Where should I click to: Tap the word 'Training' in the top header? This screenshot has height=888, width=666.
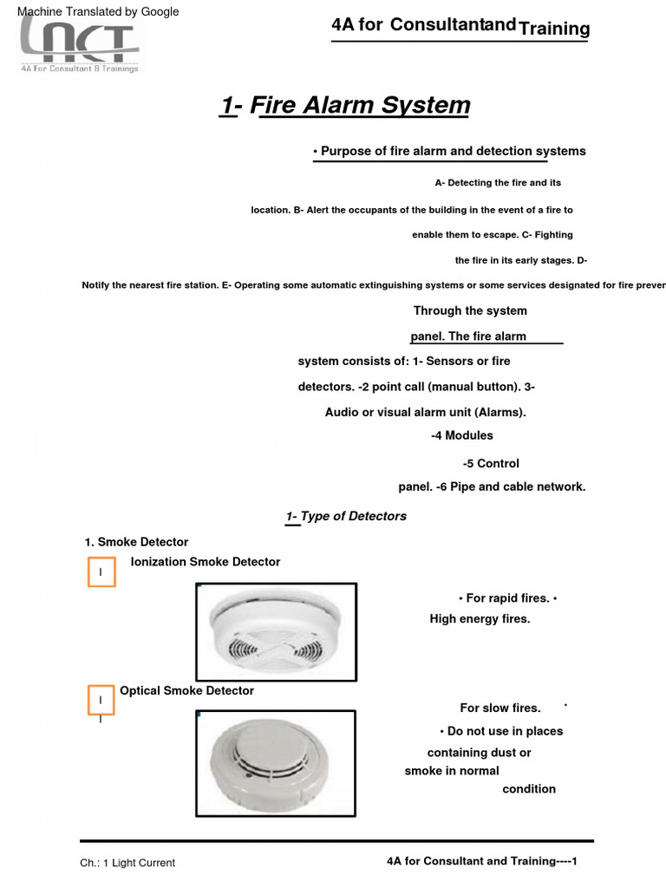tap(554, 29)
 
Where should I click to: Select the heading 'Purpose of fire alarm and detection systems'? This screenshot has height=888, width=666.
tap(449, 151)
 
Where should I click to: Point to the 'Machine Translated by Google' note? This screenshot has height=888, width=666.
tap(98, 11)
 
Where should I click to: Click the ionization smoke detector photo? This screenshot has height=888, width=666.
tap(276, 632)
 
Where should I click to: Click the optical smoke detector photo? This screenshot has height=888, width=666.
tap(275, 763)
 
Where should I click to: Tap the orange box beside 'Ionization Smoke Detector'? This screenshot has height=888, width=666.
tap(101, 572)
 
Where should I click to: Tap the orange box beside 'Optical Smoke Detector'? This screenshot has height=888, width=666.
tap(101, 700)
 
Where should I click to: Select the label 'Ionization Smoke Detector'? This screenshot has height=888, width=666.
tap(206, 562)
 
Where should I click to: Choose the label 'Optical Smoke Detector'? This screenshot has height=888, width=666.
tap(186, 691)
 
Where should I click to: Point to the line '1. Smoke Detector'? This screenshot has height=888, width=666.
tap(136, 542)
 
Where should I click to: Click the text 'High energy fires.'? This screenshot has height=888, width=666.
tap(480, 619)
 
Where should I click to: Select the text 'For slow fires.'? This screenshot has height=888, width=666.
tap(500, 708)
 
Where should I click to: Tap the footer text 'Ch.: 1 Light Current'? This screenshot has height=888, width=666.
tap(127, 863)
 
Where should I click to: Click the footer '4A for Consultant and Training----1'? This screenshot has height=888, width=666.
tap(481, 861)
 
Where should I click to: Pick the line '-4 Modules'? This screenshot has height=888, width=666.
tap(462, 435)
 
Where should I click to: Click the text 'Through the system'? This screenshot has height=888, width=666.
tap(470, 311)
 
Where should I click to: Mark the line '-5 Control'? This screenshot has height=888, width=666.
tap(491, 464)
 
